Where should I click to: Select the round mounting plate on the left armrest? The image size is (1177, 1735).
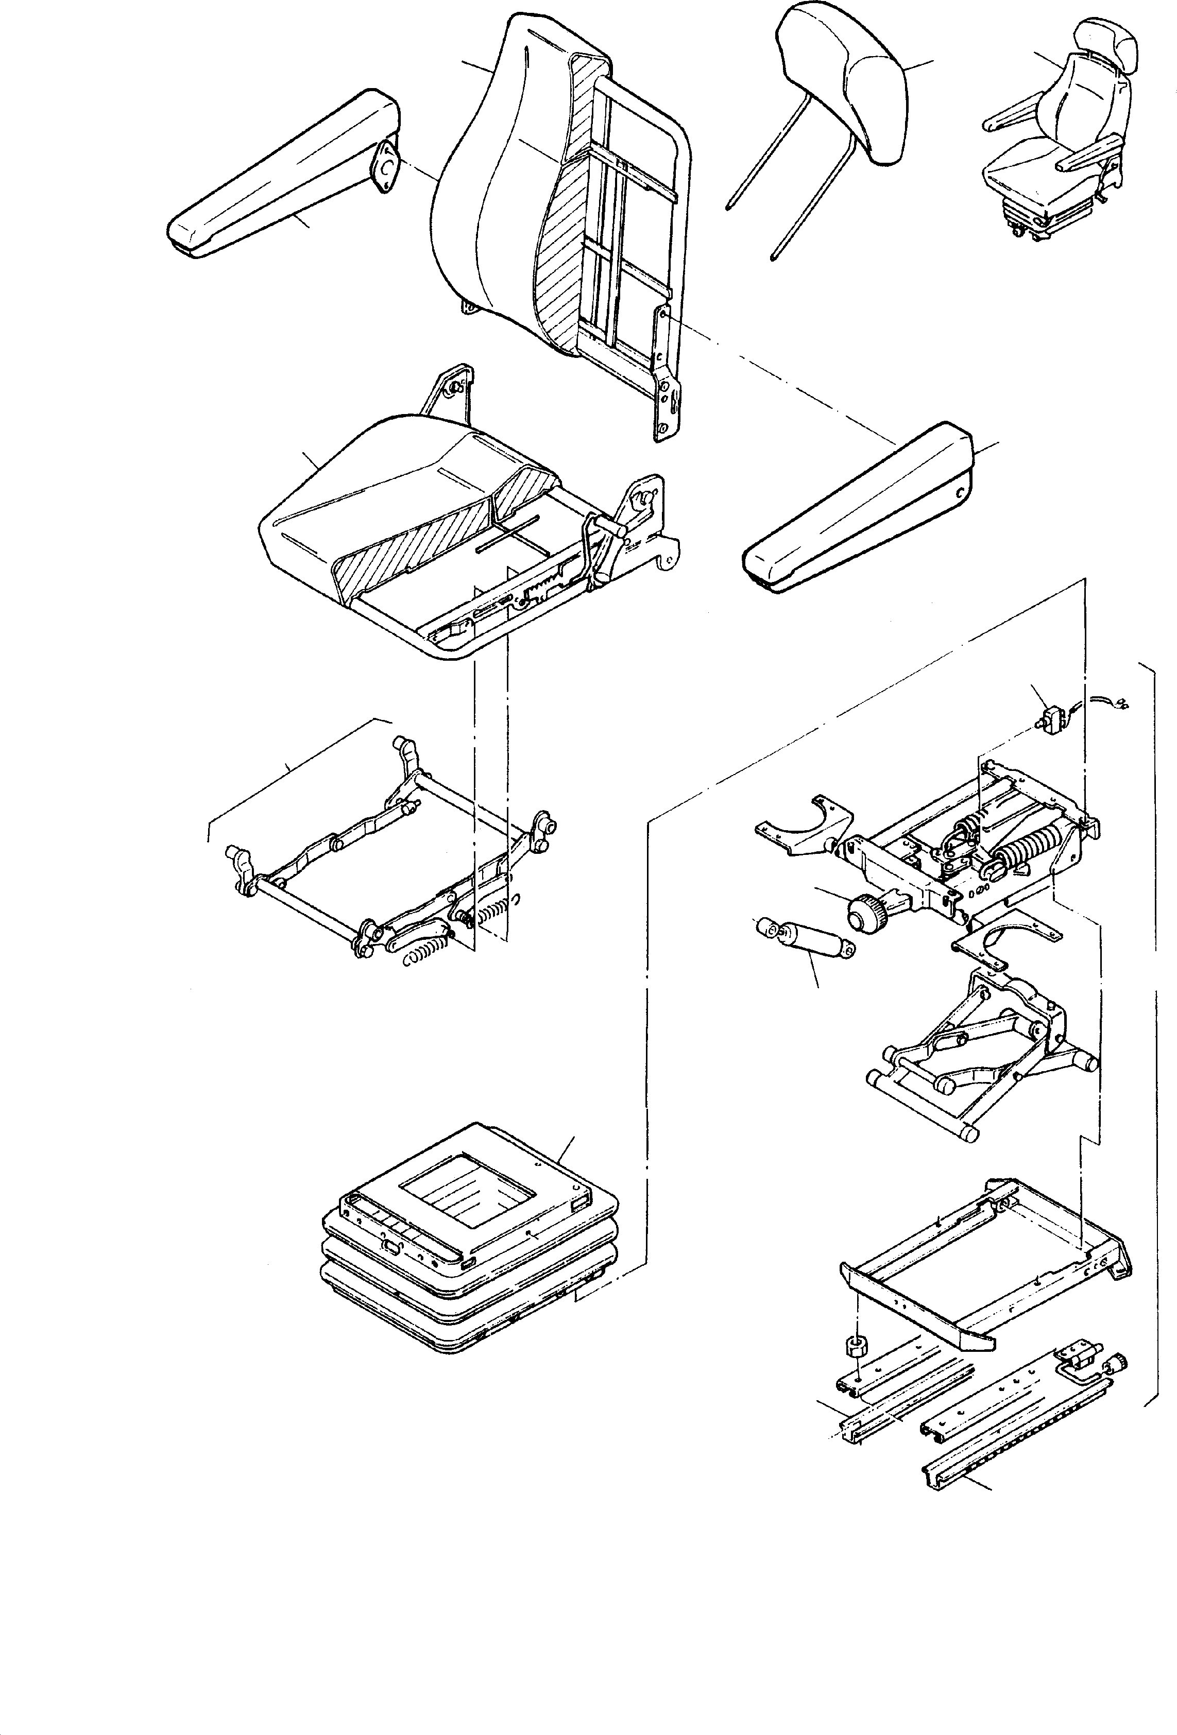click(385, 168)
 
